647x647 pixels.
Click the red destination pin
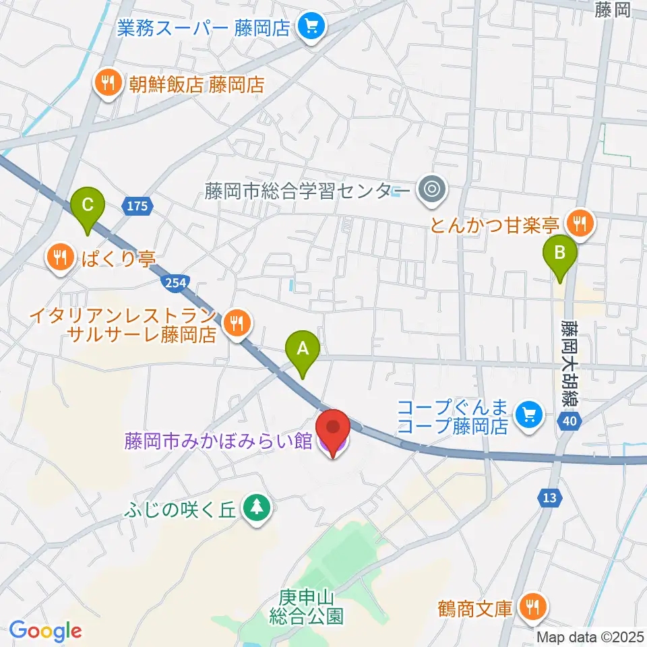(334, 430)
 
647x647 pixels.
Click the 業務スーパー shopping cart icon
(311, 28)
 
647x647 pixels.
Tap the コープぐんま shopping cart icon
(528, 414)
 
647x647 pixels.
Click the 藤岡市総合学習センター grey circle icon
(431, 190)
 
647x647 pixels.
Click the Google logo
(45, 631)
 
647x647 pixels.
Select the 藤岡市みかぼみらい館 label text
(217, 441)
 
